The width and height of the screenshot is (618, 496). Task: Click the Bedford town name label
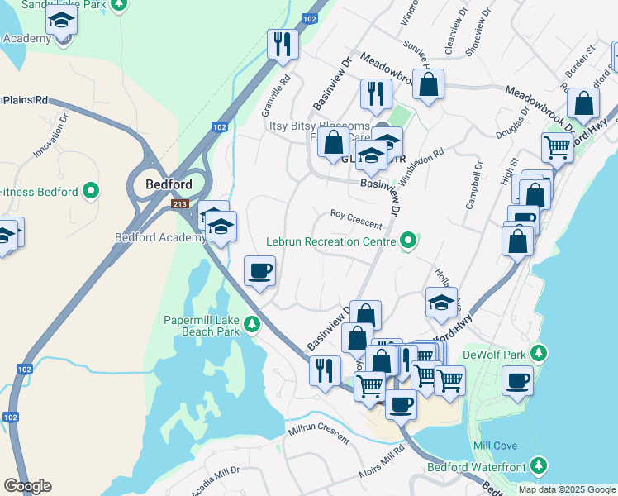pos(169,184)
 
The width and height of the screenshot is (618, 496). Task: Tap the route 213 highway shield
pos(179,203)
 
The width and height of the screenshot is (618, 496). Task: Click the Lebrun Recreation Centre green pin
pos(407,242)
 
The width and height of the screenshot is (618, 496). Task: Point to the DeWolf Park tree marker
pos(539,355)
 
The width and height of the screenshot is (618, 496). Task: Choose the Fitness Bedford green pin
pos(91,192)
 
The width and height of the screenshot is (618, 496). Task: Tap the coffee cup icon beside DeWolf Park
pos(517,381)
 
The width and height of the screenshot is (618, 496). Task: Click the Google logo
pos(27,486)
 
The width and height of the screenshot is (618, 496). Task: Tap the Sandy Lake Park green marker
pos(120,5)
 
